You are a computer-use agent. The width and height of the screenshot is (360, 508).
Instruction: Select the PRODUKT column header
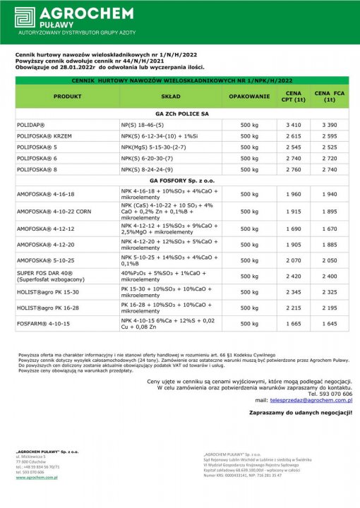(67, 96)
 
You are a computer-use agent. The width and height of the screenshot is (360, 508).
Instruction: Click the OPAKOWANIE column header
(249, 96)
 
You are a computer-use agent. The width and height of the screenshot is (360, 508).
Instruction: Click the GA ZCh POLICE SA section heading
(182, 113)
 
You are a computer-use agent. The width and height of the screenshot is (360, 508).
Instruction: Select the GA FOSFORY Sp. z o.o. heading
(182, 181)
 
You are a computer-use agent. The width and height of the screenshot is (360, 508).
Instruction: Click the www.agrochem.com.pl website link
(36, 477)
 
